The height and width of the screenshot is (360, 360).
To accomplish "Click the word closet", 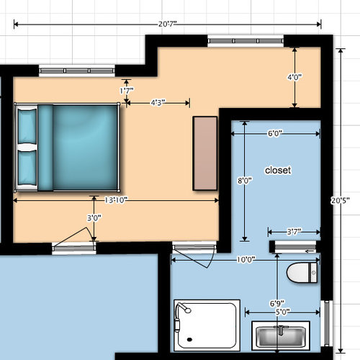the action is (278, 170).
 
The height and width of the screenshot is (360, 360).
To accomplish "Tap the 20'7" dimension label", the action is (168, 24).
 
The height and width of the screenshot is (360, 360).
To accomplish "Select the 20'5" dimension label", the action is (341, 200).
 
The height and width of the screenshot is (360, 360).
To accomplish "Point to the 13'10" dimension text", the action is (116, 200).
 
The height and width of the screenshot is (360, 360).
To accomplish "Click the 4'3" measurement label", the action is (158, 103).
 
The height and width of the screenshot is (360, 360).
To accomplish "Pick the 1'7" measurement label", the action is (127, 91).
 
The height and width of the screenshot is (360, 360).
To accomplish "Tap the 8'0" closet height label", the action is (245, 180).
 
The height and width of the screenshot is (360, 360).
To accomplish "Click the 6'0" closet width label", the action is (275, 133).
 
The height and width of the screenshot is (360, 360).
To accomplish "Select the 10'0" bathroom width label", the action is (246, 259).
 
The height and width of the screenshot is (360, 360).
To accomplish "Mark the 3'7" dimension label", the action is (294, 232).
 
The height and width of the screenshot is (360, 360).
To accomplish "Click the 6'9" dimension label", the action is (277, 304).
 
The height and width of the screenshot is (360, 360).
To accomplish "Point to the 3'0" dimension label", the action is (94, 218).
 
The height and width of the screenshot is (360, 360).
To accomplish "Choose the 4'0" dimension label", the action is (294, 77).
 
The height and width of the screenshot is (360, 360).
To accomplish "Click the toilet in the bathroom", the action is (302, 273).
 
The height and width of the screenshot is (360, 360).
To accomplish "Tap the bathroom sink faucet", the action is (281, 330).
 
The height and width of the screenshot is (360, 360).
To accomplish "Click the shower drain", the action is (189, 339).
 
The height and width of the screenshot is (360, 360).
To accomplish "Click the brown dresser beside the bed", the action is (205, 153).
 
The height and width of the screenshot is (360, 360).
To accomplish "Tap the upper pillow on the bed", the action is (27, 127).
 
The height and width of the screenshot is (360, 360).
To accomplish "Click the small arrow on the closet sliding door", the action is (310, 251).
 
